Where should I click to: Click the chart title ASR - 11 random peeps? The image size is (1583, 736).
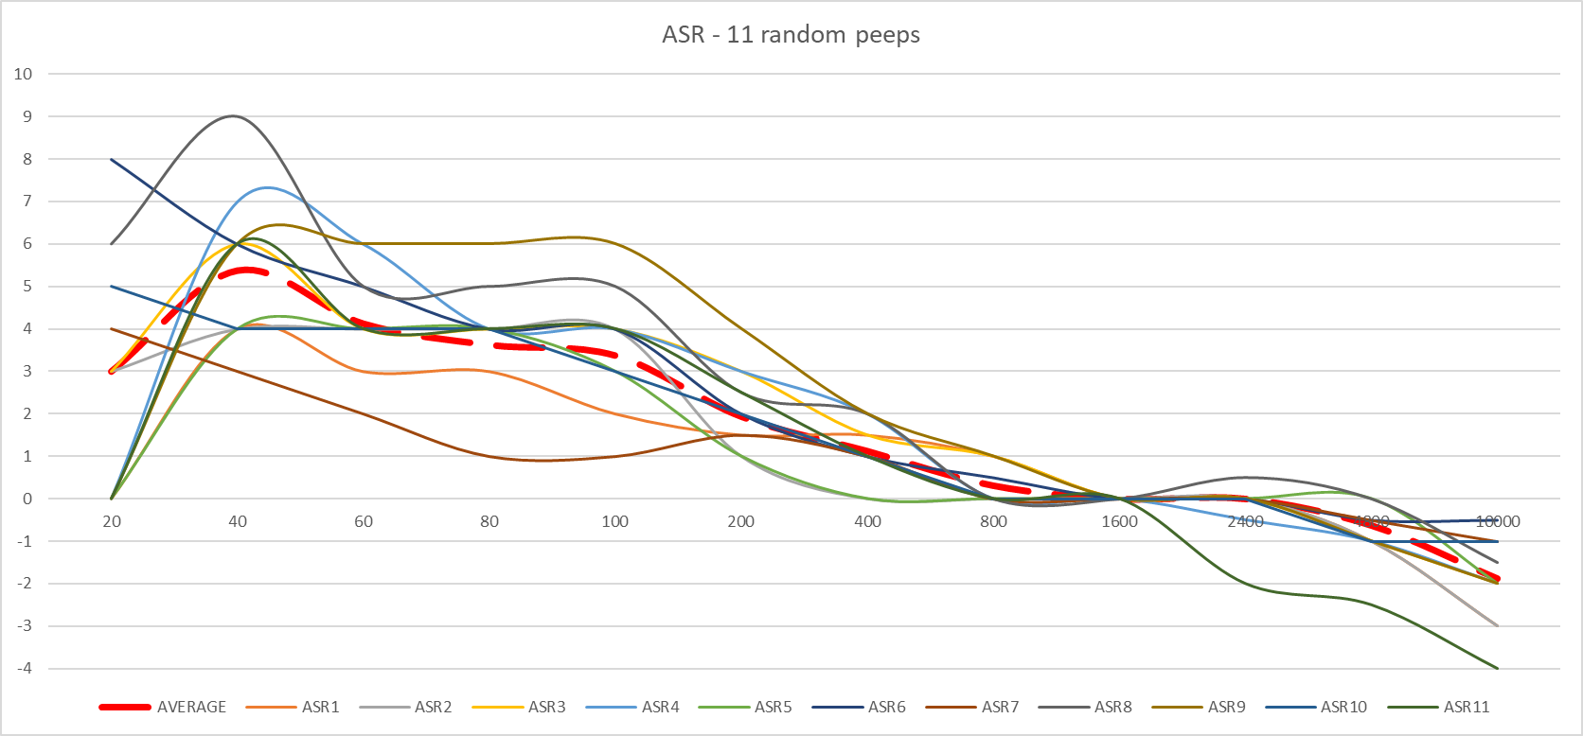coord(791,35)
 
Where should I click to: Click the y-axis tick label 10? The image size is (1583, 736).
coord(23,74)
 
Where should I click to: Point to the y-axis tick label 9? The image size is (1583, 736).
coord(27,116)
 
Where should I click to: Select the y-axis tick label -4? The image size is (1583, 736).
coord(25,668)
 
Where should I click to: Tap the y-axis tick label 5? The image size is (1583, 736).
coord(27,286)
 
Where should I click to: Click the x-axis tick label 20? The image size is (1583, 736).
coord(112,521)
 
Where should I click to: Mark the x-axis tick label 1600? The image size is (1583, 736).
coord(1119,521)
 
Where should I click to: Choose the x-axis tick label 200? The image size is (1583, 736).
coord(741,521)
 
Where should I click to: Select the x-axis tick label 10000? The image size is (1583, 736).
coord(1498,521)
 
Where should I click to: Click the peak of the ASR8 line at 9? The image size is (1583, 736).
coord(233,116)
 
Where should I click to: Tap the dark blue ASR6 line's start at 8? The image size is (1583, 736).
coord(113,159)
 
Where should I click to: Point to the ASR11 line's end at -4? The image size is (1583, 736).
coord(1497,668)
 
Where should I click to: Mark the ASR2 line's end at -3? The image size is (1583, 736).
coord(1497,625)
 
